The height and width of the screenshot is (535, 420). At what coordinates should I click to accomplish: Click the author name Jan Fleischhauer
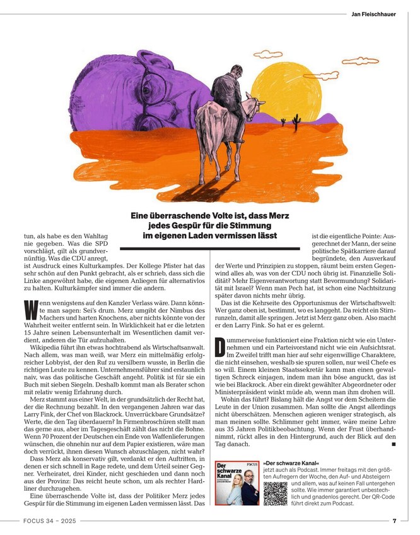373,14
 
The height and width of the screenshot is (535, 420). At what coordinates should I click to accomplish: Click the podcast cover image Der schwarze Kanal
236,483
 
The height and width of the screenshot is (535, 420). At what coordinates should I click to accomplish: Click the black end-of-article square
394,445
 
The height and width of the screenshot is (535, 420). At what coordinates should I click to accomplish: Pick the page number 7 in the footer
394,521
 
